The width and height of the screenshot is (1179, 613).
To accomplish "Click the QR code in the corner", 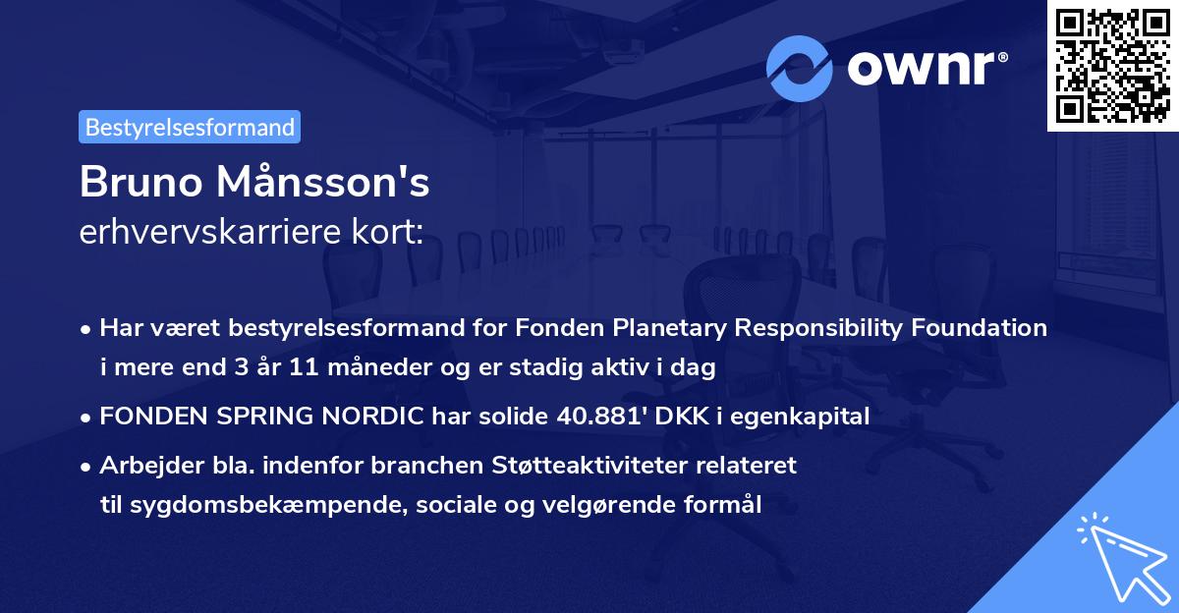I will pos(1113,65).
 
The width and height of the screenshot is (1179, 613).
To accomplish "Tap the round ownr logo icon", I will pos(800,69).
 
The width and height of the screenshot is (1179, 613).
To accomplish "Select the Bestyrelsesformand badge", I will pos(190,127).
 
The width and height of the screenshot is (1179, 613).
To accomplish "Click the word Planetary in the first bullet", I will pos(675,328).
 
